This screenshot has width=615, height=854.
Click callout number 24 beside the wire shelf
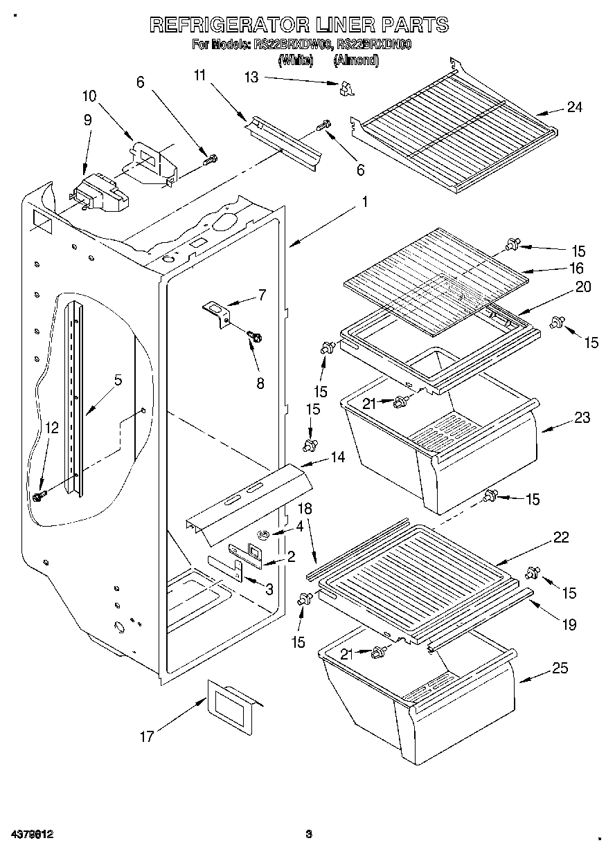574,107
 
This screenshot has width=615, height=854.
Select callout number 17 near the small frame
146,737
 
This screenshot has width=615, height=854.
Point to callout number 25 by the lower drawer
560,668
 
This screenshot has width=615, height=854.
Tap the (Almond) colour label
356,61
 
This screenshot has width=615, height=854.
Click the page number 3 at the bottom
309,834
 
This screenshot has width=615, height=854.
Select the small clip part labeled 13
346,88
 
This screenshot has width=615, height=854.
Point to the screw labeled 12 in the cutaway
39,496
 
